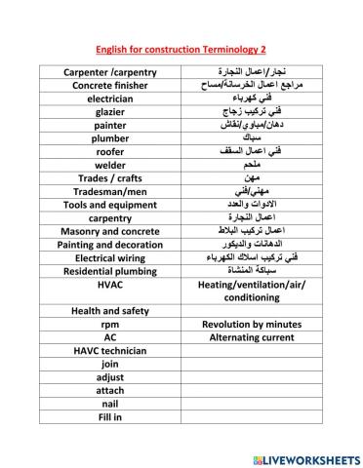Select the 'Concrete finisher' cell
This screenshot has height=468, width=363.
tap(110, 85)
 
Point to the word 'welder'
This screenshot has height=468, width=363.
tap(110, 165)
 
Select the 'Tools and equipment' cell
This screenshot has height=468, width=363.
tap(110, 205)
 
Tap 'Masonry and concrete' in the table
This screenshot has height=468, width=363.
tap(110, 231)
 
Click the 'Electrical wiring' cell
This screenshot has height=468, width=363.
tap(110, 257)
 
